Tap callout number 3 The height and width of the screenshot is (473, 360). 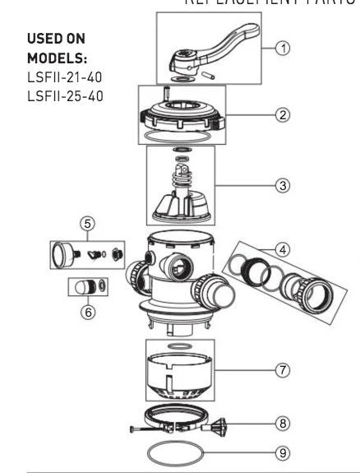(283, 186)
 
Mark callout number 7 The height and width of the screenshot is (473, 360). (283, 371)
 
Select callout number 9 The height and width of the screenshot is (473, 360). (283, 452)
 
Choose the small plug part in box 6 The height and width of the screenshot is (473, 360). (82, 288)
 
